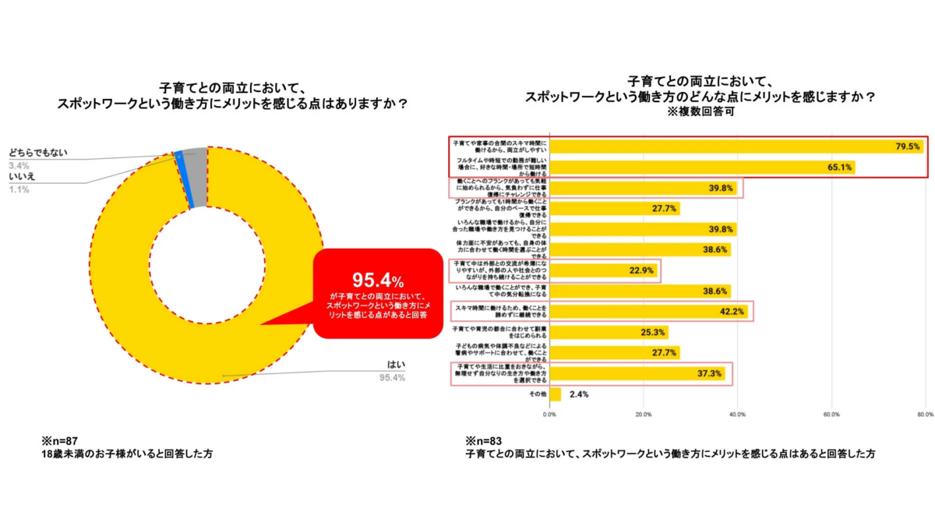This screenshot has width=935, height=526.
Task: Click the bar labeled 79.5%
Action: pyautogui.click(x=736, y=146)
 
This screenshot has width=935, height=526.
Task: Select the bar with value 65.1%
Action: pyautogui.click(x=701, y=167)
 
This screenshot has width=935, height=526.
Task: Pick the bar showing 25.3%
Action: pyautogui.click(x=598, y=333)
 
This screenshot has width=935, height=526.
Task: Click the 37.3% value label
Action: pyautogui.click(x=710, y=373)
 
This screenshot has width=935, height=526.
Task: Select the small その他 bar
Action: pyautogui.click(x=555, y=394)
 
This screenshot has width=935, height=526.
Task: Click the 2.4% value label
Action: pyautogui.click(x=579, y=394)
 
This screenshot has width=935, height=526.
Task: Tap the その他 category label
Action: pyautogui.click(x=537, y=394)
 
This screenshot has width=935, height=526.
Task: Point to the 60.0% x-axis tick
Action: pyautogui.click(x=831, y=414)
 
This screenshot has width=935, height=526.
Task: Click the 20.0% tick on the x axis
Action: pyautogui.click(x=644, y=414)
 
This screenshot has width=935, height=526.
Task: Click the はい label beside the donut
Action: pyautogui.click(x=397, y=364)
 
